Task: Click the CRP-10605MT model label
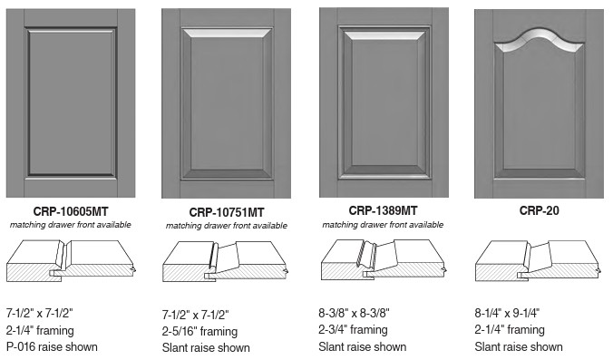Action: (71, 211)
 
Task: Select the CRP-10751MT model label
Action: (227, 212)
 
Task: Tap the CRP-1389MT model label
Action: (383, 210)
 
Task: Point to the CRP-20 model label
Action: (540, 210)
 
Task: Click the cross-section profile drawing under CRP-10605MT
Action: (71, 259)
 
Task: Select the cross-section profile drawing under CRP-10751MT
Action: (226, 261)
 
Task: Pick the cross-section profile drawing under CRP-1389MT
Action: (383, 259)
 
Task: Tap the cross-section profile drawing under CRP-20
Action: (539, 260)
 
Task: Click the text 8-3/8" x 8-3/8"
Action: (354, 313)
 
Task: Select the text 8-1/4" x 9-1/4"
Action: (507, 313)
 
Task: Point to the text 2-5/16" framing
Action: (199, 332)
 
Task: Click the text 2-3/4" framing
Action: (353, 330)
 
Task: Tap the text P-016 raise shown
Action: (52, 346)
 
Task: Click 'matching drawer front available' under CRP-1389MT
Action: (383, 225)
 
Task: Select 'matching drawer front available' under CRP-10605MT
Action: (71, 225)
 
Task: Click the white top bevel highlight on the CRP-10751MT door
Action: (227, 33)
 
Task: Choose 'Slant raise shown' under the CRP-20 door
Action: (519, 346)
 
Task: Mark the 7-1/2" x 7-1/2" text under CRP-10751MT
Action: (196, 315)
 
